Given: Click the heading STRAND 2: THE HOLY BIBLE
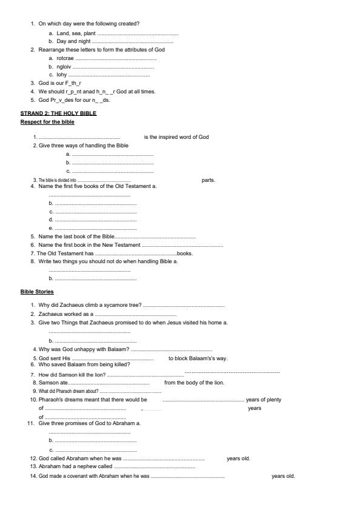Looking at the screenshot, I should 58,113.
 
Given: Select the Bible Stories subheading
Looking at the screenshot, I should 37,292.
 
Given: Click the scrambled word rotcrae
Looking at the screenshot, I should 65,58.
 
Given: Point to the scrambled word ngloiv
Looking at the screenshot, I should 64,67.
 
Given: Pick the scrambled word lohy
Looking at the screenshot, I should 62,75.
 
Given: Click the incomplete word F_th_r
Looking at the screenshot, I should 72,83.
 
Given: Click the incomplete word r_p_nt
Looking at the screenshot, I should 75,92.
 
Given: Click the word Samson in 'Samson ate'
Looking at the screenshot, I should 48,383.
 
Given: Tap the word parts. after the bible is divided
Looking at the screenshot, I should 208,180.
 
